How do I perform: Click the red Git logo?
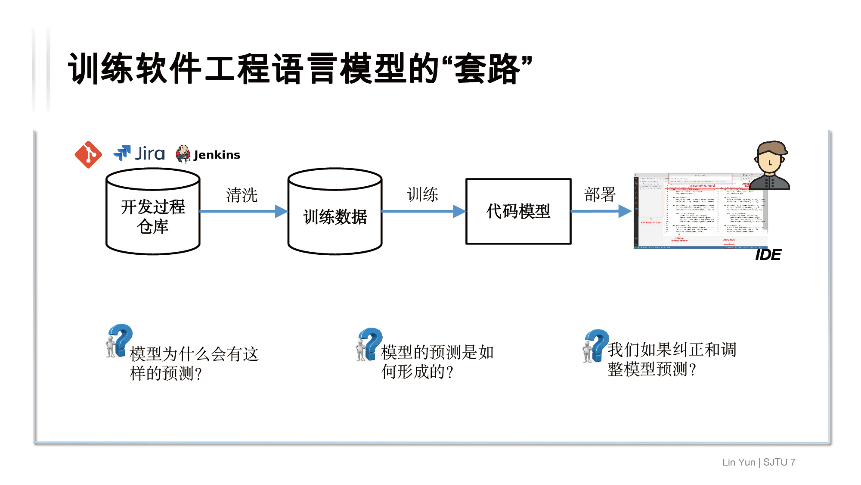tap(88, 154)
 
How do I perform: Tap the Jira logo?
tap(139, 153)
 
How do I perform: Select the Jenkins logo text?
tap(217, 155)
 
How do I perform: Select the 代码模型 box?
tap(518, 211)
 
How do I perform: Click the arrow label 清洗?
tap(242, 195)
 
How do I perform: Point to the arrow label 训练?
tap(423, 194)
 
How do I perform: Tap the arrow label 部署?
tap(600, 194)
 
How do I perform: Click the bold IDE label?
tap(768, 255)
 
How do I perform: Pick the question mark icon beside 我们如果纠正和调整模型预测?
tap(596, 345)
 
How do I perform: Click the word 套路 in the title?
tap(487, 69)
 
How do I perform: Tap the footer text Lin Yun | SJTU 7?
tap(759, 462)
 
